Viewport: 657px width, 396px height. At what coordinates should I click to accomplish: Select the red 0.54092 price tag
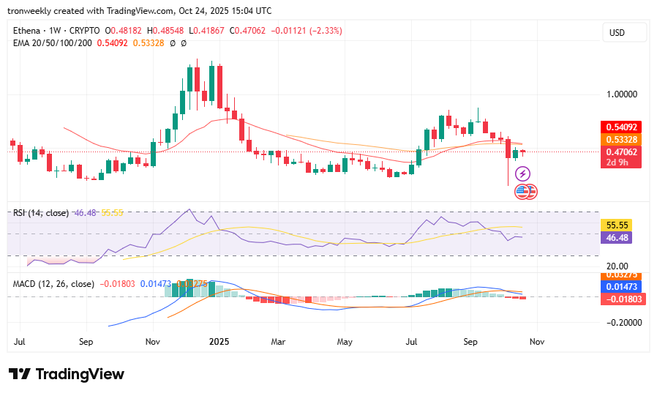[x=620, y=127]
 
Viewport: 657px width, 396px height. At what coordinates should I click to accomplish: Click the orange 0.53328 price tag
[x=620, y=139]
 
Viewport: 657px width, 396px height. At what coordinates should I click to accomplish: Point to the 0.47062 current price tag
[x=620, y=152]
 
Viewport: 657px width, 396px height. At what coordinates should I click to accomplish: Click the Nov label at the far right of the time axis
[x=536, y=341]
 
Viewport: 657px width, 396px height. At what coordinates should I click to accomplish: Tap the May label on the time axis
[x=345, y=341]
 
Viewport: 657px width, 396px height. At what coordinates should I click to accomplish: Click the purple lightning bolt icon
[x=522, y=173]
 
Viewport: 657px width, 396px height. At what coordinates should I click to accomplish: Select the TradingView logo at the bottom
[x=67, y=374]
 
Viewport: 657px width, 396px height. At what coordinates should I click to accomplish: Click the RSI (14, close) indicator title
[x=41, y=213]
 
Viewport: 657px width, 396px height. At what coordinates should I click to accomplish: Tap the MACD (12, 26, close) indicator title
[x=53, y=283]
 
